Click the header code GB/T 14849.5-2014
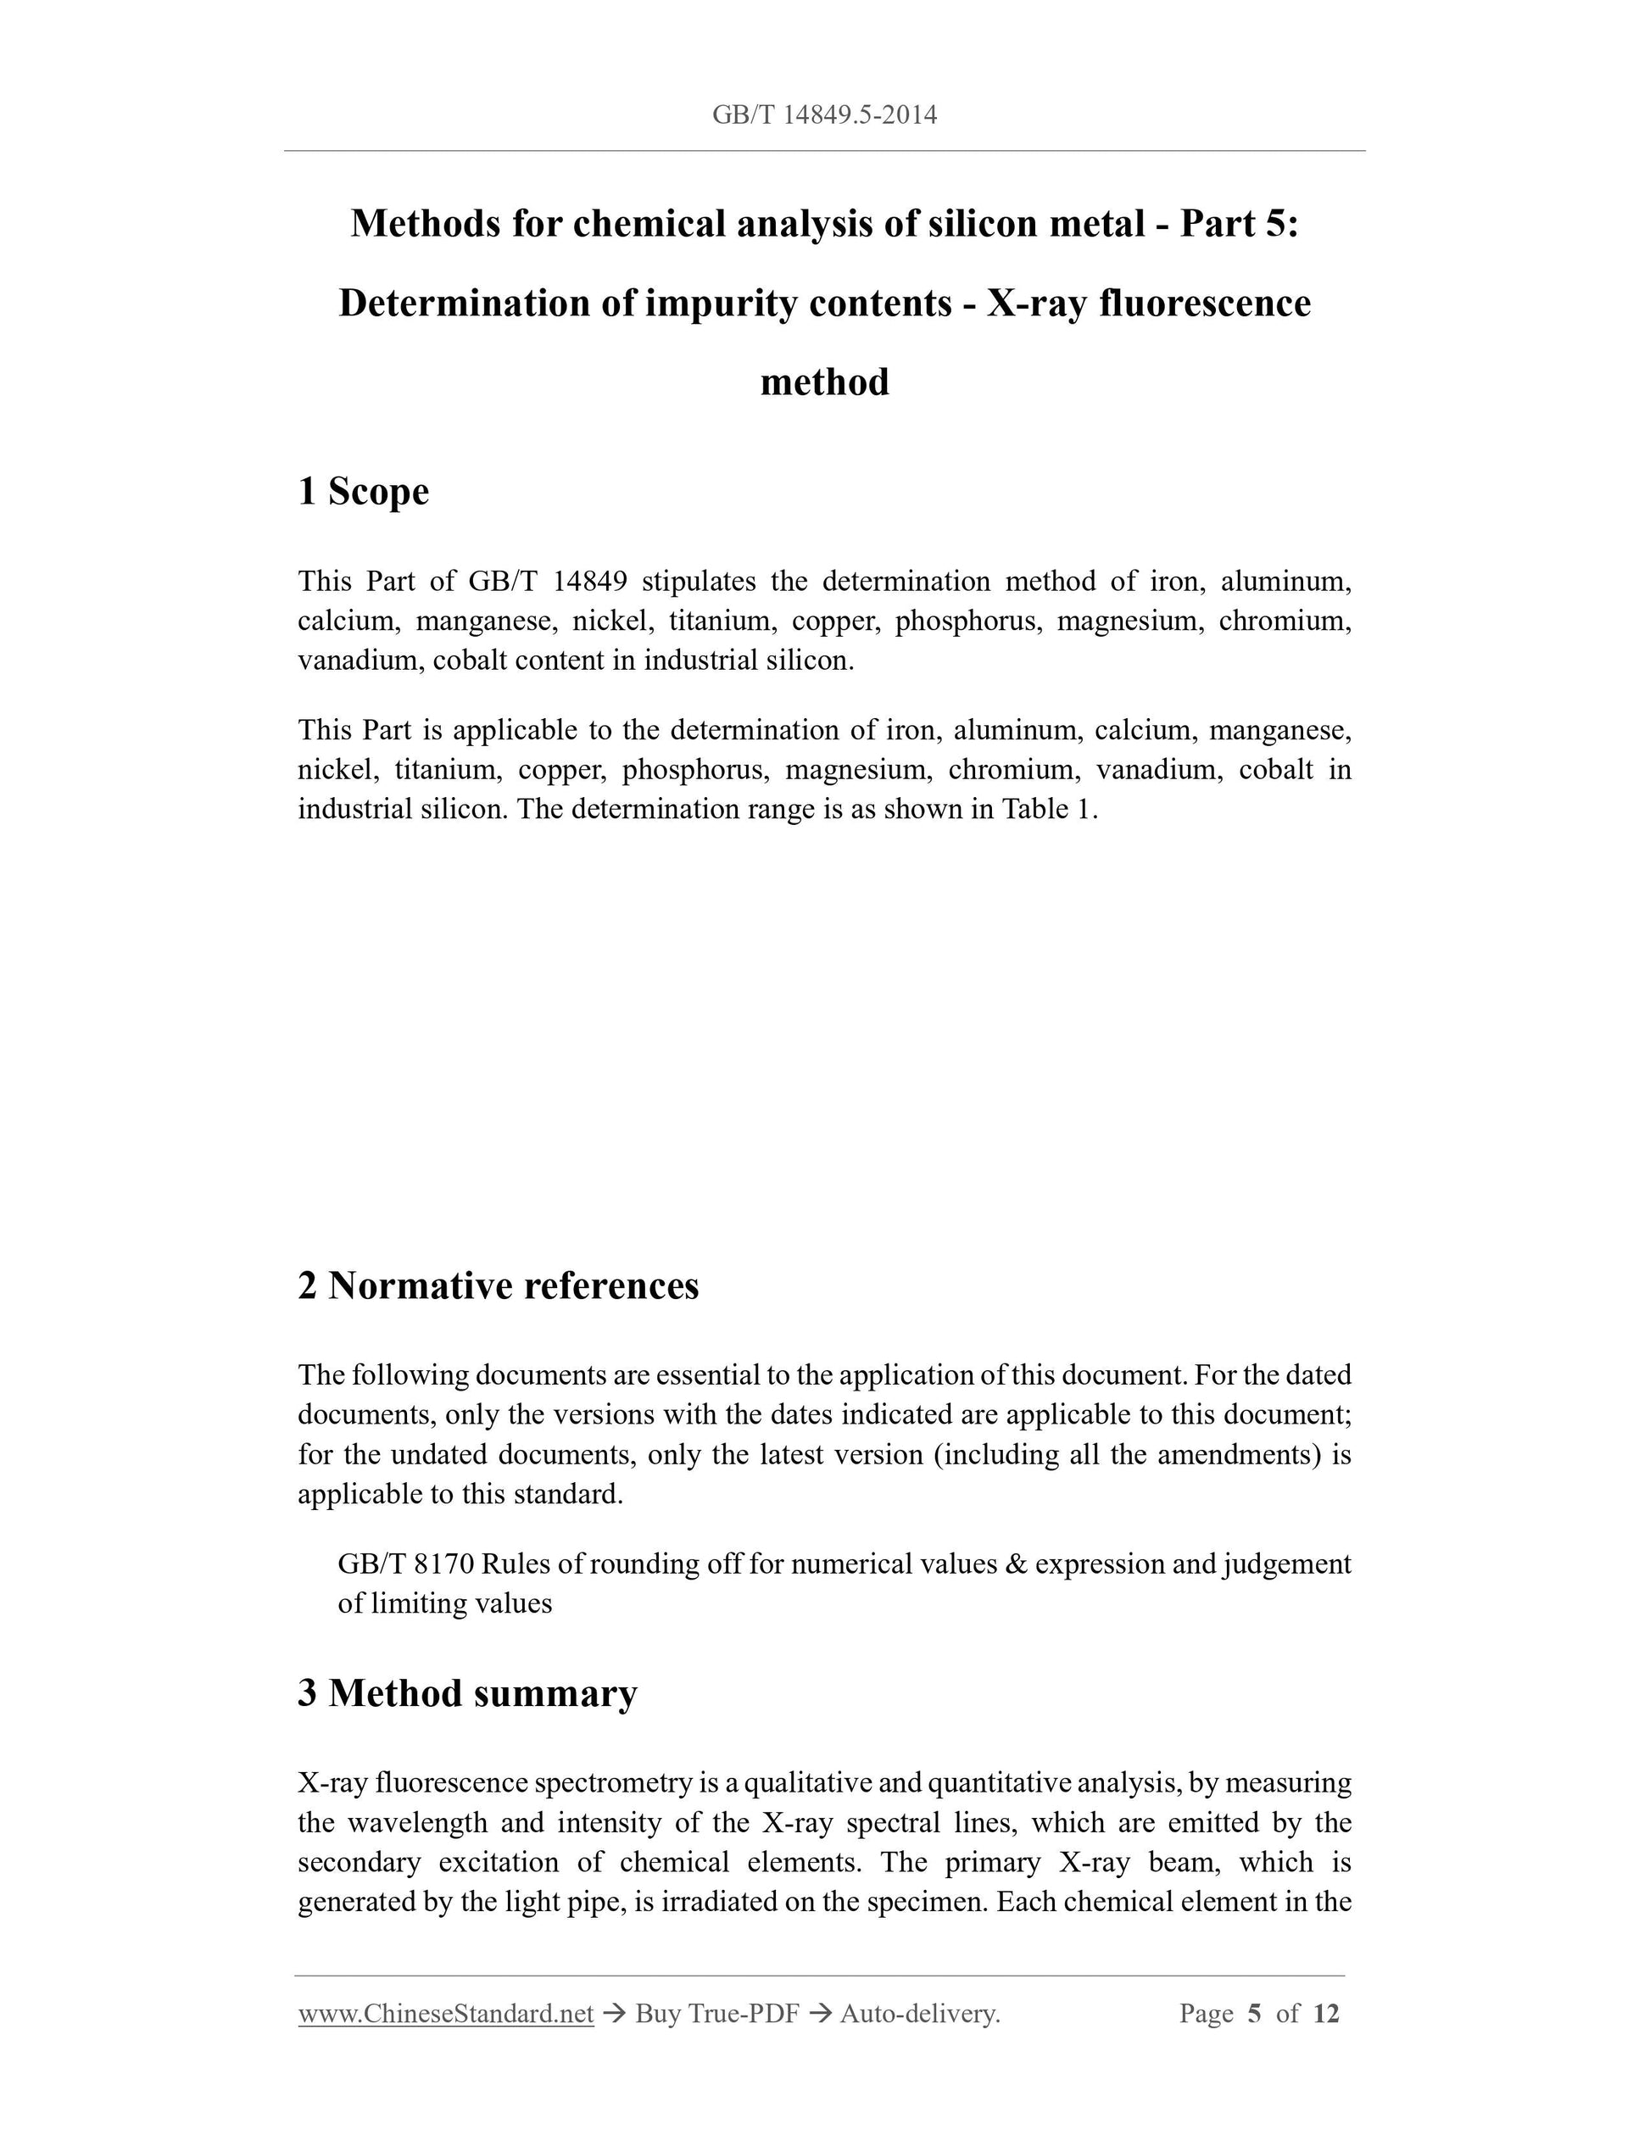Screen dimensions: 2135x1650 824,115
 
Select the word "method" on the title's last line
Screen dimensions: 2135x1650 824,382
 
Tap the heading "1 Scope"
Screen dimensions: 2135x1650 363,491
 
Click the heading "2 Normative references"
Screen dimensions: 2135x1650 499,1285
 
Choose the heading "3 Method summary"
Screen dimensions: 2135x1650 467,1693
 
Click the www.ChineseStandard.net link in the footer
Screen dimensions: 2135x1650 446,2014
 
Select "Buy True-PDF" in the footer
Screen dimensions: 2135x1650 716,2014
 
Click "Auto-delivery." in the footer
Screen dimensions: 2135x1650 920,2014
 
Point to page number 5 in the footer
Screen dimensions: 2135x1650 1254,2014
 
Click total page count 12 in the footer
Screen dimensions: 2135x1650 1325,2014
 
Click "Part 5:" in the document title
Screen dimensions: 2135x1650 1239,224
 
